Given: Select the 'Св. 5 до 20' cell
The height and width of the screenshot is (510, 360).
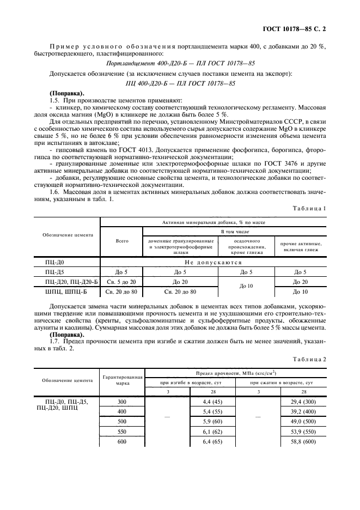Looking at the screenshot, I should point(122,282).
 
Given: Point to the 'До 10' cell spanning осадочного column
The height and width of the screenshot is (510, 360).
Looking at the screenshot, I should point(247,287).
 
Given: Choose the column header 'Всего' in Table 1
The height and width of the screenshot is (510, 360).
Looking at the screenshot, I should point(122,241).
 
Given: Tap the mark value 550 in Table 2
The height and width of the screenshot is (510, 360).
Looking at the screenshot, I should point(122,431).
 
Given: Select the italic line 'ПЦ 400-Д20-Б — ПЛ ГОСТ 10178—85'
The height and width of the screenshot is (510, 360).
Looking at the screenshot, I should point(180,83).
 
